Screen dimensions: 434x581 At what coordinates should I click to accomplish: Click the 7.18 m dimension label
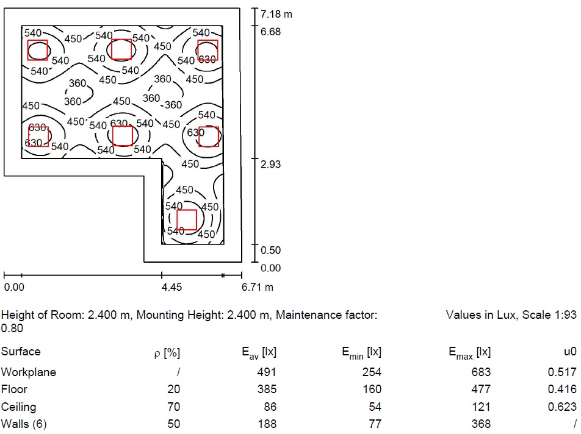coord(276,14)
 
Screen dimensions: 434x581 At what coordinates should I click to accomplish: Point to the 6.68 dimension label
coord(270,32)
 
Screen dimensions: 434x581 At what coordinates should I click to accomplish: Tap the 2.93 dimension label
coord(270,165)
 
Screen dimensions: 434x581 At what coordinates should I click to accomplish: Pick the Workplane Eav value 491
coord(268,372)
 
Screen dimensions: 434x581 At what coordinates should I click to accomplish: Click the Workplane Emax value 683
coord(482,372)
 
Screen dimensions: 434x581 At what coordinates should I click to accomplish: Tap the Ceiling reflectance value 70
coord(174,407)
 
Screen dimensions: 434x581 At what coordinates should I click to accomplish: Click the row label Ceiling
coord(18,407)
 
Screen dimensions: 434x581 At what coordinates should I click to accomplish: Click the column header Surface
coord(21,352)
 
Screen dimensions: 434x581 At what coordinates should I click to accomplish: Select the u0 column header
coord(569,352)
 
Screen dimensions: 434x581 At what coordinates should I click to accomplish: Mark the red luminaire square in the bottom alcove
coord(187,219)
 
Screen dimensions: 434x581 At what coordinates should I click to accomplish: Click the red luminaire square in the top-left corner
coord(38,50)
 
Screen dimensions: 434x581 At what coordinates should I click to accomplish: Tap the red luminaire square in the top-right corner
coord(208,50)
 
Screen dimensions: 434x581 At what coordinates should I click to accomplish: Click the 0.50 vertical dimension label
coord(270,251)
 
